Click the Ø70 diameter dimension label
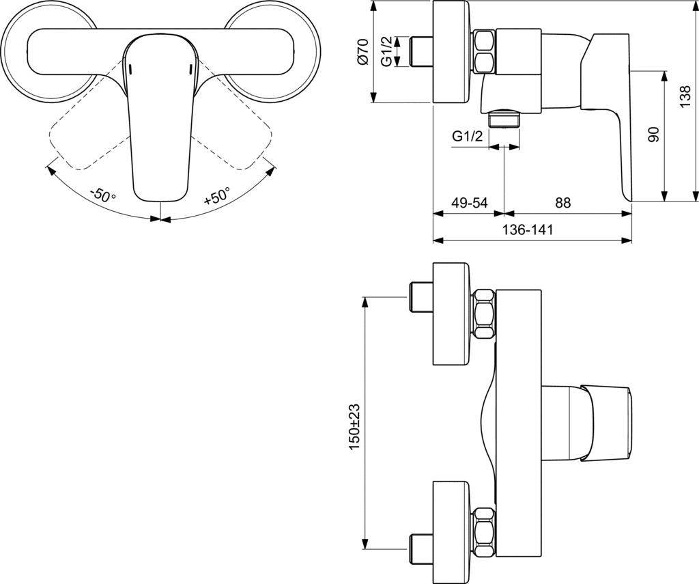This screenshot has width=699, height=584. tap(364, 51)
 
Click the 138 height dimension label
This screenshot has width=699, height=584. tap(685, 96)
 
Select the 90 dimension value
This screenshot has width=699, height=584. tap(653, 135)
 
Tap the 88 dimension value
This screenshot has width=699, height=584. tap(563, 203)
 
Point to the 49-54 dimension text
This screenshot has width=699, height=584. tap(470, 203)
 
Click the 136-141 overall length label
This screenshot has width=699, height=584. tap(528, 230)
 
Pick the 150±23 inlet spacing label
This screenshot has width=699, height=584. tap(354, 427)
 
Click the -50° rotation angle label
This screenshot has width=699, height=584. tap(103, 195)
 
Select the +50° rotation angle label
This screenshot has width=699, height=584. tap(218, 195)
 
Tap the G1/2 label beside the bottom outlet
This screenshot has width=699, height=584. tap(467, 136)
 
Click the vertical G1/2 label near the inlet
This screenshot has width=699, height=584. tap(388, 51)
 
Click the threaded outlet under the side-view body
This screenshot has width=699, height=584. tap(504, 119)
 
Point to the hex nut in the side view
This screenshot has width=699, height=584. tap(483, 51)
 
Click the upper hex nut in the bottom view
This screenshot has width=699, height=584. tap(484, 314)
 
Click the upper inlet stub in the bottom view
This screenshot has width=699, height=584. tap(420, 298)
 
